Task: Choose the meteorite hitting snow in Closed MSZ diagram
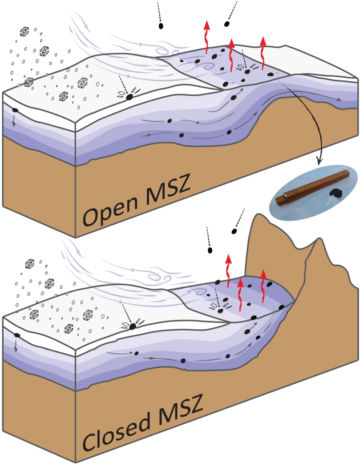[x=133, y=326]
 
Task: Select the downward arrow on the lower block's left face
[x=17, y=348]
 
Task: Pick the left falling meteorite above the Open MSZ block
[x=161, y=26]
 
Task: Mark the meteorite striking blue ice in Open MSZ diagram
[x=248, y=71]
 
